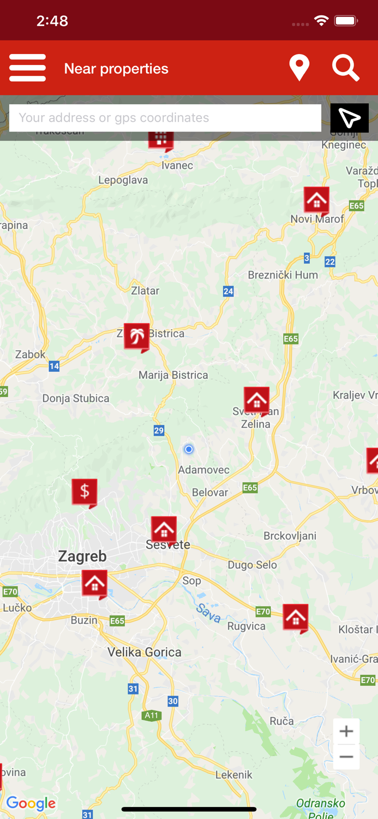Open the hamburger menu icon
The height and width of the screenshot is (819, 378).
pyautogui.click(x=27, y=68)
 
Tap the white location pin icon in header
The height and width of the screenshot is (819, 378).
pyautogui.click(x=299, y=68)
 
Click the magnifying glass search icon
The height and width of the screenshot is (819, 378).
pyautogui.click(x=346, y=68)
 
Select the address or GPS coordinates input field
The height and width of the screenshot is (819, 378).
pyautogui.click(x=165, y=118)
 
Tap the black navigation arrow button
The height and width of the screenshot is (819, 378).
pyautogui.click(x=349, y=118)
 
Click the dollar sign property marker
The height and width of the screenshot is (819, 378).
pyautogui.click(x=85, y=492)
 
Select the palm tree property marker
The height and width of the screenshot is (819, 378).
pyautogui.click(x=136, y=336)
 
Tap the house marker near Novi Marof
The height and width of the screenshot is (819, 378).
pyautogui.click(x=316, y=200)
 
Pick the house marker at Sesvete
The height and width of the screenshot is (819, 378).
pyautogui.click(x=164, y=529)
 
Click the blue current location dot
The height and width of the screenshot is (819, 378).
pyautogui.click(x=189, y=449)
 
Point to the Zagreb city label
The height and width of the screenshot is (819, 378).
pyautogui.click(x=82, y=556)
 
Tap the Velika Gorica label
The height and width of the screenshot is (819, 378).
pyautogui.click(x=144, y=652)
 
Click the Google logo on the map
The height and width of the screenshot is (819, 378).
pyautogui.click(x=31, y=803)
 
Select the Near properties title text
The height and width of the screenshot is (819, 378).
pyautogui.click(x=116, y=69)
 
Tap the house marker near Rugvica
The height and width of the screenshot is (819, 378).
pyautogui.click(x=295, y=618)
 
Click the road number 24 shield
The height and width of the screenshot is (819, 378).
pyautogui.click(x=228, y=292)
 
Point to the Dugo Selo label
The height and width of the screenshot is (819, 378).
pyautogui.click(x=252, y=565)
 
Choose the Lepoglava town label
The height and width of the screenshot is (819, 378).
pyautogui.click(x=123, y=180)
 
